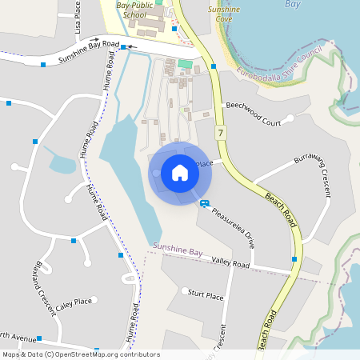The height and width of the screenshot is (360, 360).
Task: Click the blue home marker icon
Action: [x=179, y=172]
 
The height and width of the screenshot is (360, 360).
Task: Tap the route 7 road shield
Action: [x=220, y=131]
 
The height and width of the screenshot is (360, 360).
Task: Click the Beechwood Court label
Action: [x=254, y=114]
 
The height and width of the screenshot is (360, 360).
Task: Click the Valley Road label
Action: [x=230, y=264]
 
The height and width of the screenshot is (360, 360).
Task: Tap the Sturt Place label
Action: [x=205, y=295]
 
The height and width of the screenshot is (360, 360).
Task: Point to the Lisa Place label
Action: [x=78, y=16]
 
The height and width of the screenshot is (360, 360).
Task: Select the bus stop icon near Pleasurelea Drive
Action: [x=205, y=204]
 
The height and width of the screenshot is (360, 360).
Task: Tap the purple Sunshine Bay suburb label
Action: [x=178, y=251]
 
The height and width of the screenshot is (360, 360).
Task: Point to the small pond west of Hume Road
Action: [x=62, y=165]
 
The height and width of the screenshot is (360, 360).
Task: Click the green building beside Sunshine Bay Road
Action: [x=186, y=63]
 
